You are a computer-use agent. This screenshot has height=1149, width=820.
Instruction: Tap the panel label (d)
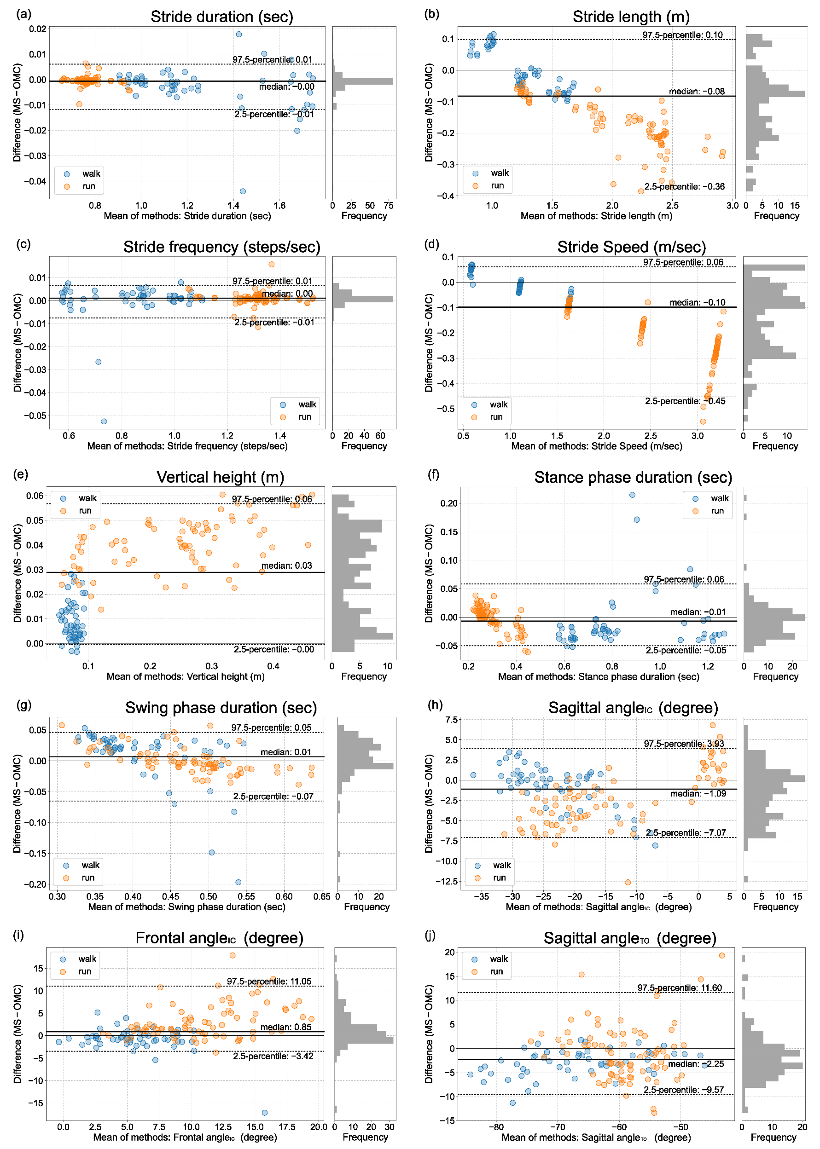click(432, 244)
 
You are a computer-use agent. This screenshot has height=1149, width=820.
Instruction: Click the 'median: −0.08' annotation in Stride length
click(696, 91)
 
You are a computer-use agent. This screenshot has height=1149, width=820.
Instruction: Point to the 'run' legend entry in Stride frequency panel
click(304, 417)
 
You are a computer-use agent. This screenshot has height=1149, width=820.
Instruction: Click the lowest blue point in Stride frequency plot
click(104, 421)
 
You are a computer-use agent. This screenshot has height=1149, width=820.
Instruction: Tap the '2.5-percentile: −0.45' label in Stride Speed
click(685, 401)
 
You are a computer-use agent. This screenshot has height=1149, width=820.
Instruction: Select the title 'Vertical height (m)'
click(220, 477)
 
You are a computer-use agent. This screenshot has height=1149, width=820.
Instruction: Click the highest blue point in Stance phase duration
click(632, 495)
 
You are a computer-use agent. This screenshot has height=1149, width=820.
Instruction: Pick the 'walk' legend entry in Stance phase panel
click(719, 498)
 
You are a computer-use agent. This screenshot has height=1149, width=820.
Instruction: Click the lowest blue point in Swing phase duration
click(238, 882)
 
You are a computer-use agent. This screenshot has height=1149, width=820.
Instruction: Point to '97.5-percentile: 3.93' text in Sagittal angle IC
click(684, 744)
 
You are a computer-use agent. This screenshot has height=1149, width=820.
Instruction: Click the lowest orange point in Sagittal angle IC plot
click(628, 882)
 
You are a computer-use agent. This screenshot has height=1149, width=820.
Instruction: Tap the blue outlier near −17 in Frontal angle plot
click(265, 1113)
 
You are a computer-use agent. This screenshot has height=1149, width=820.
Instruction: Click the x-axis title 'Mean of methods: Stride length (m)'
click(596, 216)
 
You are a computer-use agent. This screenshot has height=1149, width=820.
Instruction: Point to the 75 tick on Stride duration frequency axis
click(388, 206)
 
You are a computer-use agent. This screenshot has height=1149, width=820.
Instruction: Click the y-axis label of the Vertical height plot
click(17, 573)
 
